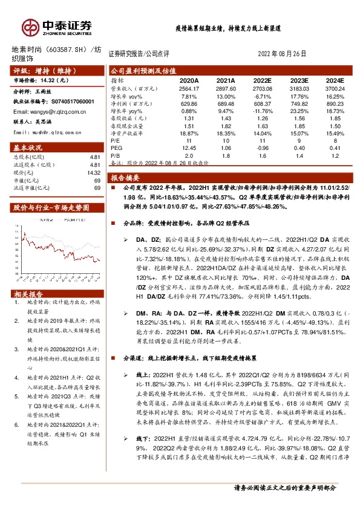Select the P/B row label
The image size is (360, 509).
coord(115,155)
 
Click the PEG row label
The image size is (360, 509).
coord(116,148)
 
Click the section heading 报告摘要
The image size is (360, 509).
coord(125,178)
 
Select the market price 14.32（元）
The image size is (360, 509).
coord(60,80)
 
